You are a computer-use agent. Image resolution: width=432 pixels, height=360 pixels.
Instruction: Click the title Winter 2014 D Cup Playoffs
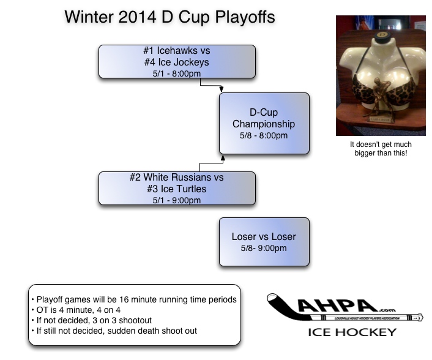click(x=169, y=17)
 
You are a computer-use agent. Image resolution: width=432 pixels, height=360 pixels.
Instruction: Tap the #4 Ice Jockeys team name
click(x=176, y=62)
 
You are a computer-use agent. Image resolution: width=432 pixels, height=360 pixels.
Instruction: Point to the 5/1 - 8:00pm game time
click(x=176, y=72)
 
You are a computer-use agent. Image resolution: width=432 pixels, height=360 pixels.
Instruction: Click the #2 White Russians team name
click(x=176, y=178)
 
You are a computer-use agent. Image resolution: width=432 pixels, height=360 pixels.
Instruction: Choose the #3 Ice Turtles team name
click(x=176, y=189)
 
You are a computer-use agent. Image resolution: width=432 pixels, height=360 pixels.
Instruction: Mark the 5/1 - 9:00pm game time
click(x=176, y=200)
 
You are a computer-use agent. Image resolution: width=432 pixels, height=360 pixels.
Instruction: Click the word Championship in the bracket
click(x=264, y=124)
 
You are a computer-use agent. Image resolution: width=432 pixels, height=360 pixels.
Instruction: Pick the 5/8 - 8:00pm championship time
click(x=264, y=135)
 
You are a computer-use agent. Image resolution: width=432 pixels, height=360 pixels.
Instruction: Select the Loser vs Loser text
click(x=264, y=236)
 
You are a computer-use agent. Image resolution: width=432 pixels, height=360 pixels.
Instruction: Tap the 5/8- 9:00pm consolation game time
click(x=264, y=248)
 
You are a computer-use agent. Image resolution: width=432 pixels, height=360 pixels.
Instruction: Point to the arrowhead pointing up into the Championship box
click(x=223, y=158)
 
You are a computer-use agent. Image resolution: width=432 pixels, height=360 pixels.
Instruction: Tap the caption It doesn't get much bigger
click(x=380, y=149)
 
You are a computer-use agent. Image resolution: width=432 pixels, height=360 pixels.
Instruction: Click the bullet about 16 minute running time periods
click(x=133, y=299)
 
